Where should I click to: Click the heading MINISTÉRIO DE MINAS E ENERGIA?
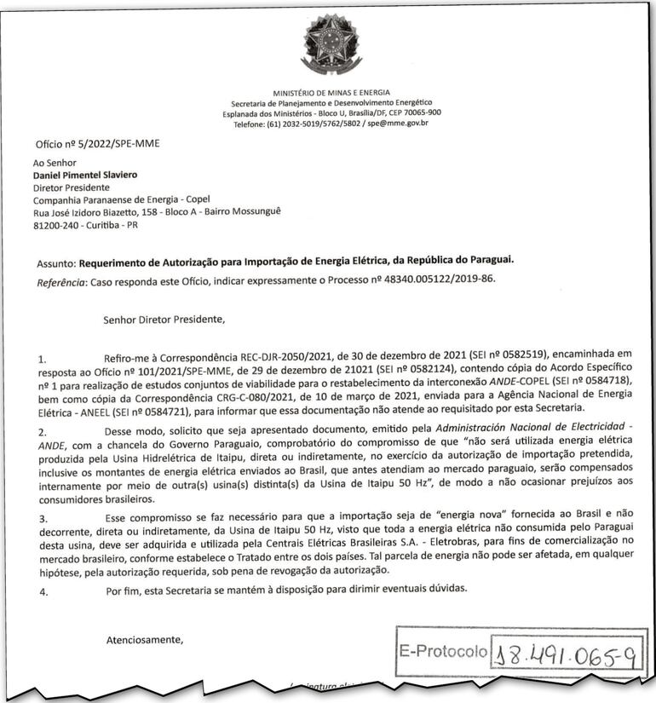pyautogui.click(x=331, y=91)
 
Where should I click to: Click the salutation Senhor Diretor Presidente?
pyautogui.click(x=164, y=320)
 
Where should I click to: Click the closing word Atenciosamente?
pyautogui.click(x=143, y=638)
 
